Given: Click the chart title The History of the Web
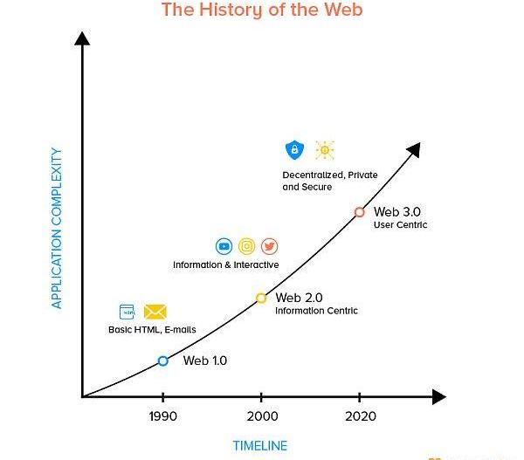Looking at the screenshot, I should [262, 10].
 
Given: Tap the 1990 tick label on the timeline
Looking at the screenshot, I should [162, 416].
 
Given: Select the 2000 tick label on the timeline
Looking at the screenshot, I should [261, 416].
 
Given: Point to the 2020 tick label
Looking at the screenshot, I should [360, 416].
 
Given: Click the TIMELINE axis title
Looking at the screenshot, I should [259, 446].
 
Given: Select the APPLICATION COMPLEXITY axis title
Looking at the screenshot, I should [57, 228].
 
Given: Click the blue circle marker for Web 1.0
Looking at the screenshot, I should [163, 360].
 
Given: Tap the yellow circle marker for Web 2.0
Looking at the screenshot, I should [261, 298].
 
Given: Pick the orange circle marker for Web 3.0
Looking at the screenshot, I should [359, 212].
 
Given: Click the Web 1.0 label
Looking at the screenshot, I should [205, 360].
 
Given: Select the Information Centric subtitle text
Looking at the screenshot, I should [316, 311].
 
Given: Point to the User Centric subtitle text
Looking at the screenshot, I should [400, 225].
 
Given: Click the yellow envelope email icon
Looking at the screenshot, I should [155, 312].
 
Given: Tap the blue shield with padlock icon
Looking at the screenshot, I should [293, 151].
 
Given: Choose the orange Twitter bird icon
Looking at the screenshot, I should [269, 247].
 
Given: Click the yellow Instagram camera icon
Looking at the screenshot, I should [247, 247].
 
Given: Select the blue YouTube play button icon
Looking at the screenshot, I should [224, 247].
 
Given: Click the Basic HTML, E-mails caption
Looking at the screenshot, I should [152, 330].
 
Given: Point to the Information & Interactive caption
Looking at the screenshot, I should [226, 264].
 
